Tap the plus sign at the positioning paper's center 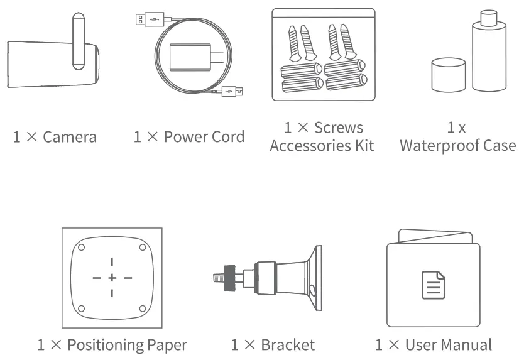(x=112, y=277)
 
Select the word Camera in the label (x=69, y=137)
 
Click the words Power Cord (x=205, y=137)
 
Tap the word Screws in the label (x=339, y=128)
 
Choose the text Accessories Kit (x=322, y=146)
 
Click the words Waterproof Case (x=457, y=146)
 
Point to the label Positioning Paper (x=126, y=344)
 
